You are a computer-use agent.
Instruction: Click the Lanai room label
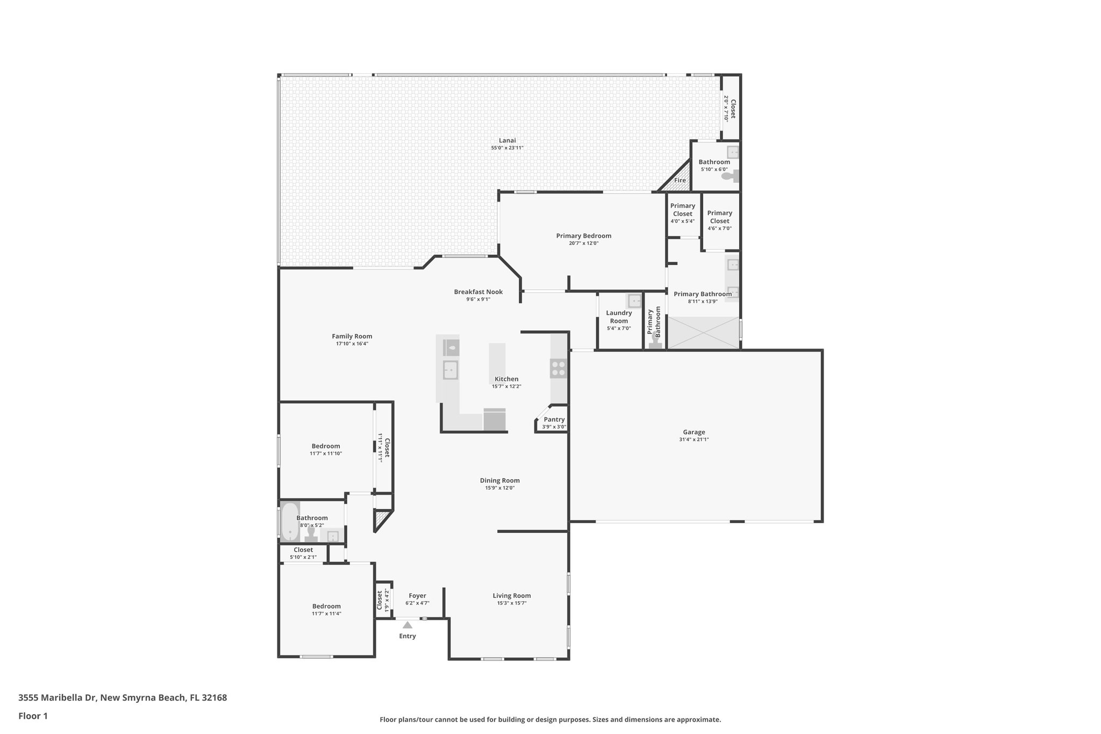507,140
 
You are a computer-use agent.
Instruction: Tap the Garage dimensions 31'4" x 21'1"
694,439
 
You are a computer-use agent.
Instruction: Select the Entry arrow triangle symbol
407,625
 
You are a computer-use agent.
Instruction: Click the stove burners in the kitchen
558,368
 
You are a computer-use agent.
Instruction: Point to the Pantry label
554,419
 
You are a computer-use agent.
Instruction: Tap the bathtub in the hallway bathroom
290,521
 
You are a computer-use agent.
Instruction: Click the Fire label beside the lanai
680,180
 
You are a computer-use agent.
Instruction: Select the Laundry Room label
619,317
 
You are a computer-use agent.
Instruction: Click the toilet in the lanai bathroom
729,176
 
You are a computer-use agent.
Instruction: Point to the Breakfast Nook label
478,292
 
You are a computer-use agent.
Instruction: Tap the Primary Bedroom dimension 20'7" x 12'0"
583,243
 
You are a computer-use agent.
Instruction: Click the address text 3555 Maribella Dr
123,698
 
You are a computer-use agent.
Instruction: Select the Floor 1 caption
33,716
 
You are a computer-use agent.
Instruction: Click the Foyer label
417,596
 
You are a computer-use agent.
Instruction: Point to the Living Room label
511,596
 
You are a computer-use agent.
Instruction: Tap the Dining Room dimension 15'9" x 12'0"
499,488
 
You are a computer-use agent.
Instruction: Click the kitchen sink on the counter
450,370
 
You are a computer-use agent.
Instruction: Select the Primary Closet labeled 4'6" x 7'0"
719,217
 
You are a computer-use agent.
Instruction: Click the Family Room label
352,336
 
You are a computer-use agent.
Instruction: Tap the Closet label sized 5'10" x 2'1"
303,550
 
